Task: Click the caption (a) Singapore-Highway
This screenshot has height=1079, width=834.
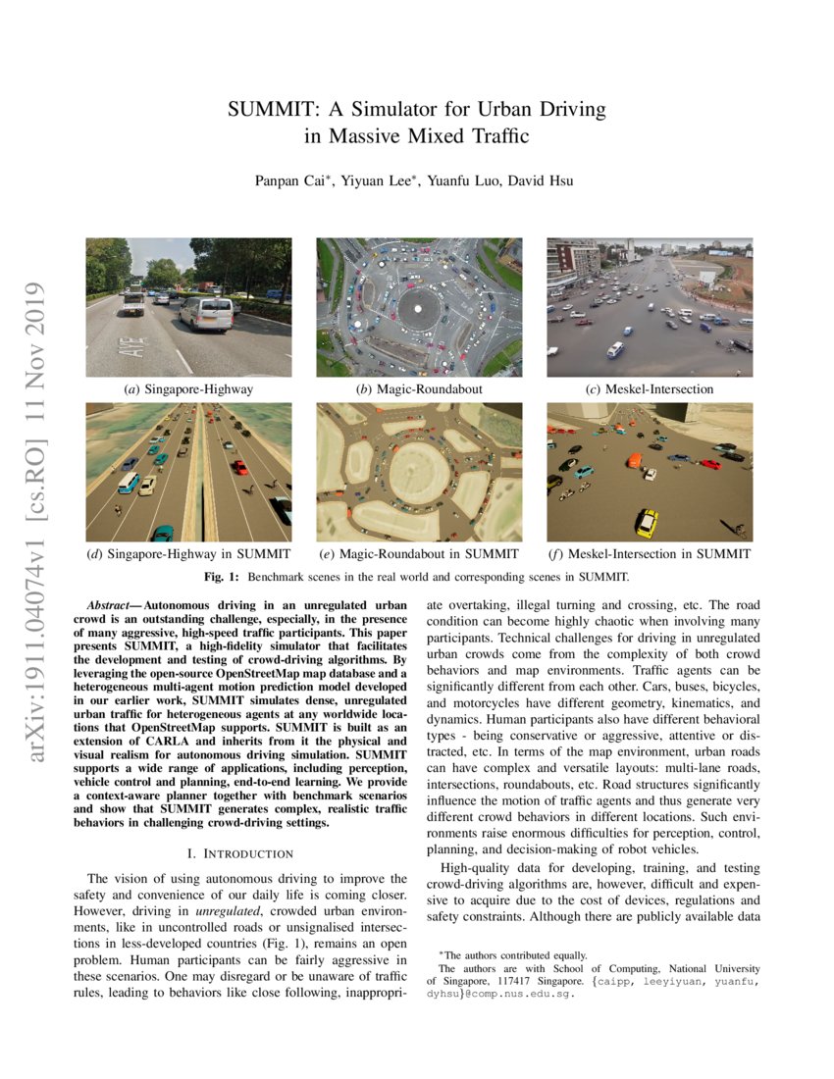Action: pyautogui.click(x=188, y=389)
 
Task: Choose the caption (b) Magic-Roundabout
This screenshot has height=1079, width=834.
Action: pyautogui.click(x=419, y=389)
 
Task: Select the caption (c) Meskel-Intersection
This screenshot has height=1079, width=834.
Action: pyautogui.click(x=649, y=389)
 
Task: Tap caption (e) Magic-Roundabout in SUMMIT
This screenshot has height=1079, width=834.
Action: pyautogui.click(x=419, y=554)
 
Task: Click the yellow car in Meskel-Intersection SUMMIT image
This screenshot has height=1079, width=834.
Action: pyautogui.click(x=646, y=522)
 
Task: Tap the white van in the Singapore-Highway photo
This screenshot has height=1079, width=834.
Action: pyautogui.click(x=207, y=314)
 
